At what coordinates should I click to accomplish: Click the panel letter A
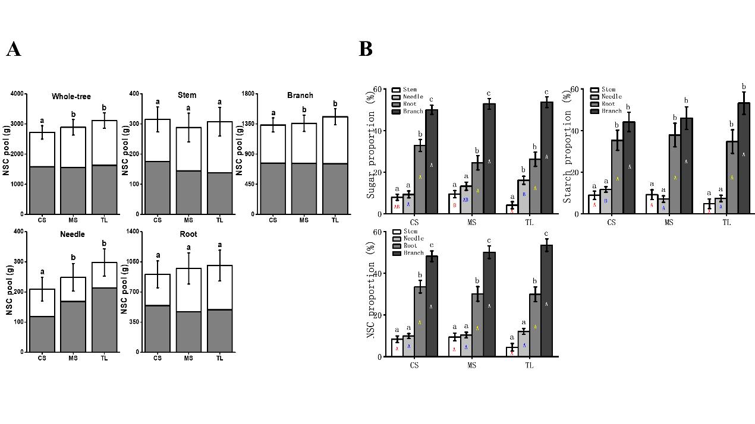point(14,49)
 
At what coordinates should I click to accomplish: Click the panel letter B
point(366,49)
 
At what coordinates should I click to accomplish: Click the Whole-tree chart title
point(71,96)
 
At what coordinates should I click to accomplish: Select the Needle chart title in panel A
point(72,234)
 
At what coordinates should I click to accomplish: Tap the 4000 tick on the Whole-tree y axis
point(17,94)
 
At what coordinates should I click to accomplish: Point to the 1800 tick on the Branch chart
point(247,94)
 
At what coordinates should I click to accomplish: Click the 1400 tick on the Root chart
point(133,232)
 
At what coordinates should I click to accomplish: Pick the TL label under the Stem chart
point(219,221)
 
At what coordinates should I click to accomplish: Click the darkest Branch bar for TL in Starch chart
point(744,158)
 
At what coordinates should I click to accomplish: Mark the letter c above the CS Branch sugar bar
point(431,99)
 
